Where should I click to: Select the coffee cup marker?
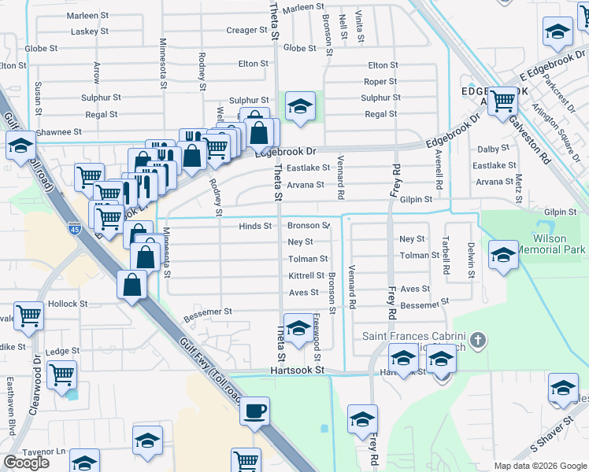coord(254,411)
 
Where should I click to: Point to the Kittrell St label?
coord(306,275)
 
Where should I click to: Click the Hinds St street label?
coord(255,226)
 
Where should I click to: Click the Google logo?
coord(26,463)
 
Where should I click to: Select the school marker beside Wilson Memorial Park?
coord(503,255)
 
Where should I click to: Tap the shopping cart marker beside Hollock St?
coord(29,316)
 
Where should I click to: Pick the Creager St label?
coord(247,31)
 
